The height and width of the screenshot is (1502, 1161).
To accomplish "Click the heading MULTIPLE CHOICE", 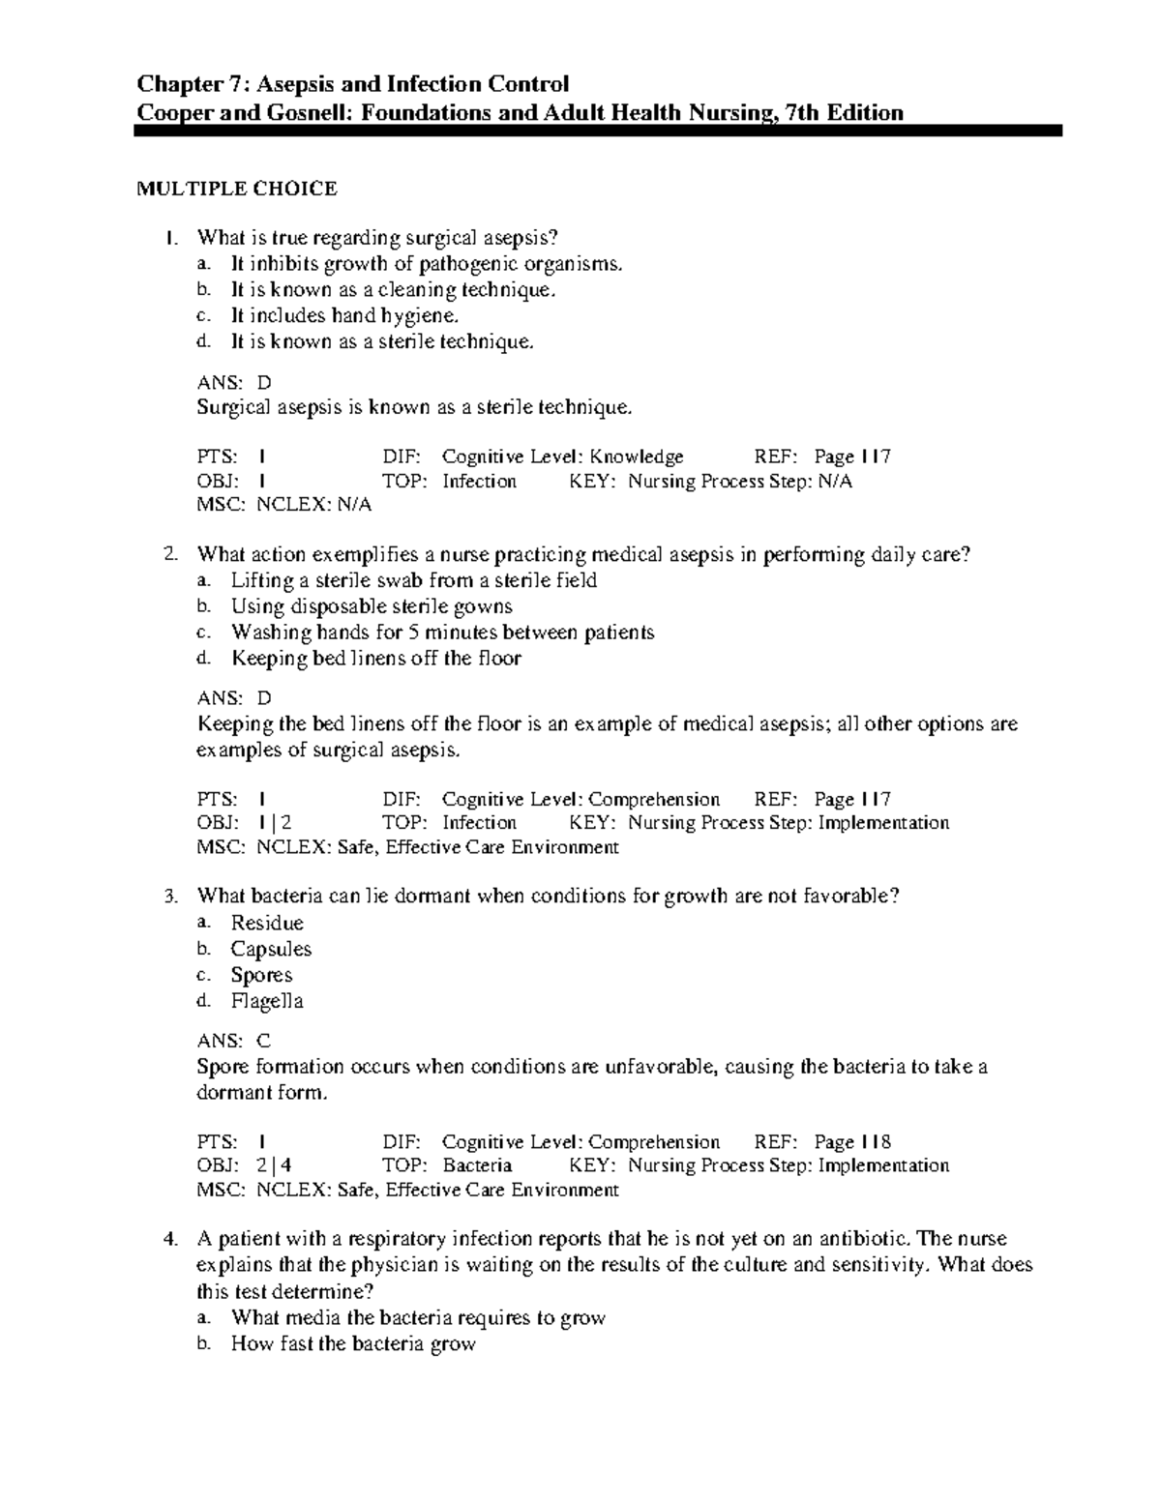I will (x=237, y=189).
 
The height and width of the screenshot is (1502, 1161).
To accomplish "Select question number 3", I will (x=170, y=897).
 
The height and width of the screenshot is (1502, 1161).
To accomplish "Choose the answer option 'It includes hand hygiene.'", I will (x=344, y=315).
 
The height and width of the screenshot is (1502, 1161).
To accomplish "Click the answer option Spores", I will (x=261, y=975).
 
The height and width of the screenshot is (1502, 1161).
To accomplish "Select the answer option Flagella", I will (x=267, y=1001).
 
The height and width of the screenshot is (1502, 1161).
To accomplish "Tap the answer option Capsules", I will (x=271, y=949).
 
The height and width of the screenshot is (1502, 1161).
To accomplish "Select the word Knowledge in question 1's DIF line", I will (x=637, y=456).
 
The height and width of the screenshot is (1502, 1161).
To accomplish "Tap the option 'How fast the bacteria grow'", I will (x=353, y=1343).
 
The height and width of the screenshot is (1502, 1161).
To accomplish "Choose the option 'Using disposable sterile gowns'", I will (x=372, y=606).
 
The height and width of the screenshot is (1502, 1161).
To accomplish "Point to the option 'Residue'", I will (x=267, y=923).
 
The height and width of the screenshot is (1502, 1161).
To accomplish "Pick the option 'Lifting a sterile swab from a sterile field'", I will (x=413, y=580).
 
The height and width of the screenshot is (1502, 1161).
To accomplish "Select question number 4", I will (x=170, y=1239).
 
